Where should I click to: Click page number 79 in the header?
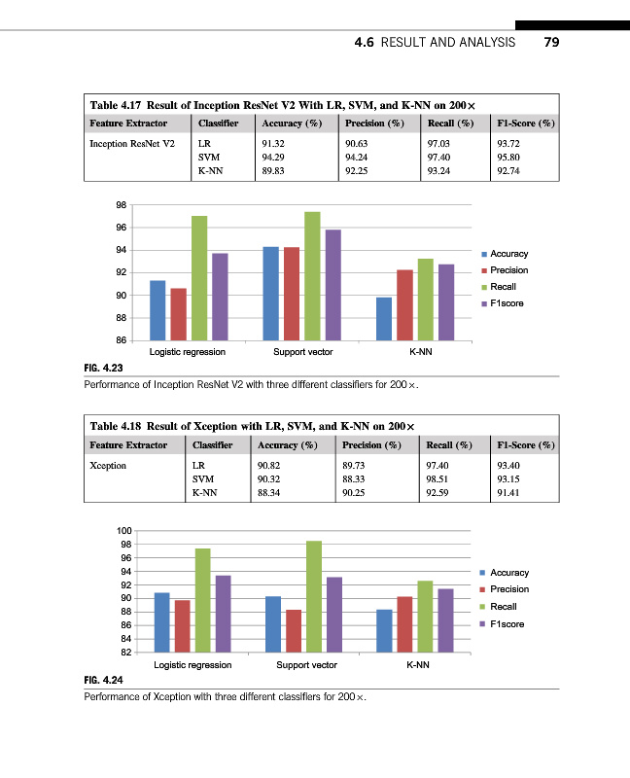pos(551,43)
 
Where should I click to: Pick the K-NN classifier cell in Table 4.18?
pos(206,493)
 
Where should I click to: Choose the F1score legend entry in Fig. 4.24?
pos(507,623)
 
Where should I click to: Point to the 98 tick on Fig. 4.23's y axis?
pos(122,205)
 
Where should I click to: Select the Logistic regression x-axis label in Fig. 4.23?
pos(187,352)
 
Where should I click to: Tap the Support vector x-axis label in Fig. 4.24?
pos(306,665)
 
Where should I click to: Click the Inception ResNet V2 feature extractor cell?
pos(132,142)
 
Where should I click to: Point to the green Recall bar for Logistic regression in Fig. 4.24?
pos(203,600)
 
